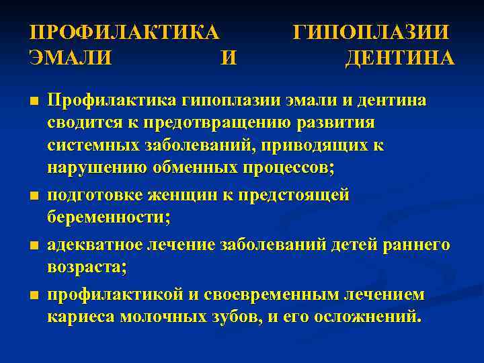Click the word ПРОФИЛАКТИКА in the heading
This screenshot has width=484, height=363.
[x=125, y=34]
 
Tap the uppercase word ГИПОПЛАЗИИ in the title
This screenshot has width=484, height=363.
[x=372, y=34]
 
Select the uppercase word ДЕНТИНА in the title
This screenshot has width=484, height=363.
[x=399, y=58]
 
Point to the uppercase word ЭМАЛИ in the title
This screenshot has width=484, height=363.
[x=72, y=58]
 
